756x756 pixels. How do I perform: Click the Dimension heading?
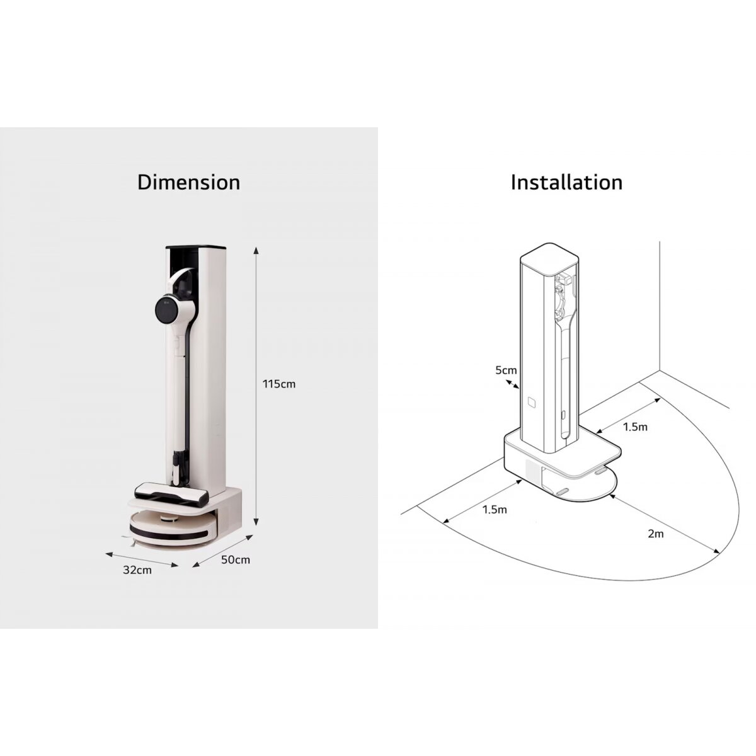tap(188, 183)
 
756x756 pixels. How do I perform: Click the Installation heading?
tap(566, 183)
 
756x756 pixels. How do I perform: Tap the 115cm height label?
tap(279, 384)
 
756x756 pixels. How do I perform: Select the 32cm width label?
tap(137, 570)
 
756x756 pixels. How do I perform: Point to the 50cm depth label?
tap(236, 559)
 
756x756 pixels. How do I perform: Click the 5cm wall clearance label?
tap(506, 370)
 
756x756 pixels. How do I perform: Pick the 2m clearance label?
tap(656, 534)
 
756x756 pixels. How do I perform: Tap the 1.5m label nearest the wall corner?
tap(635, 427)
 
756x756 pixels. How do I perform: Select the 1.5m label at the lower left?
tap(495, 510)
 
